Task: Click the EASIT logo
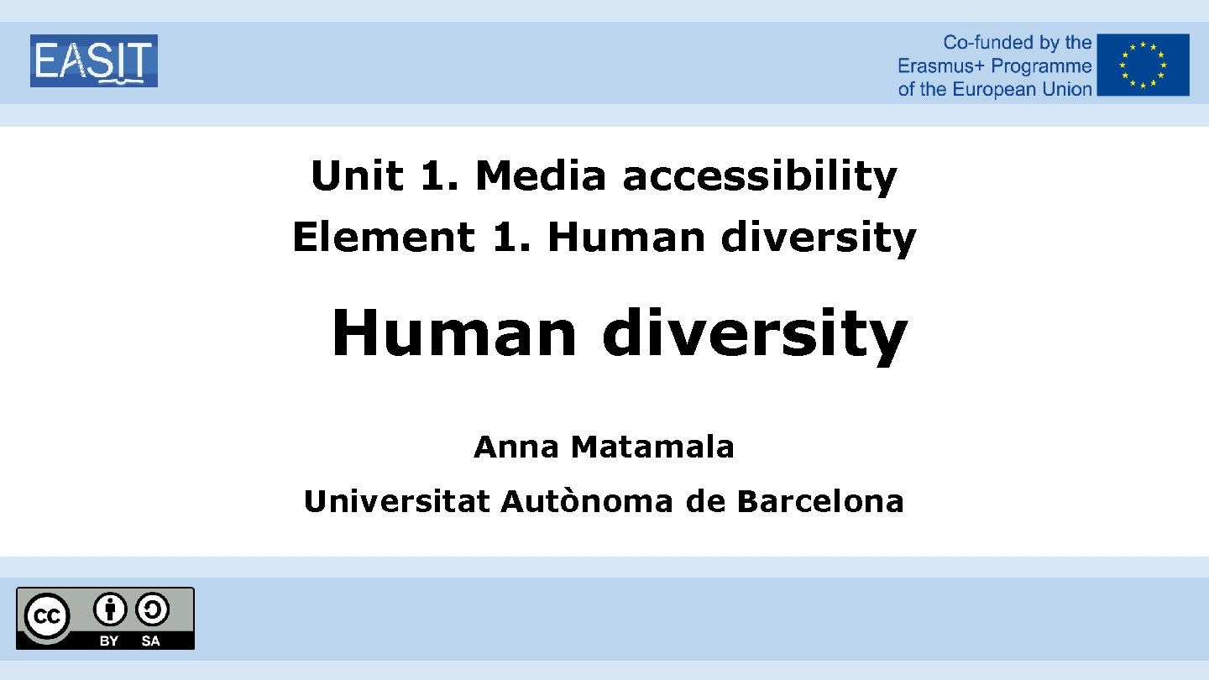[94, 60]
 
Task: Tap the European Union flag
[1143, 65]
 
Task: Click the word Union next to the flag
[1066, 89]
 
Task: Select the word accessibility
[759, 176]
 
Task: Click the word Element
[382, 237]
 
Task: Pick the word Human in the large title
[453, 333]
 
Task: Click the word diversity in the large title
[754, 333]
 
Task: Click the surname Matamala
[652, 447]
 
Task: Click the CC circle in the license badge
[46, 618]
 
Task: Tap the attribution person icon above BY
[110, 609]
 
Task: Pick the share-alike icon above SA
[151, 609]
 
